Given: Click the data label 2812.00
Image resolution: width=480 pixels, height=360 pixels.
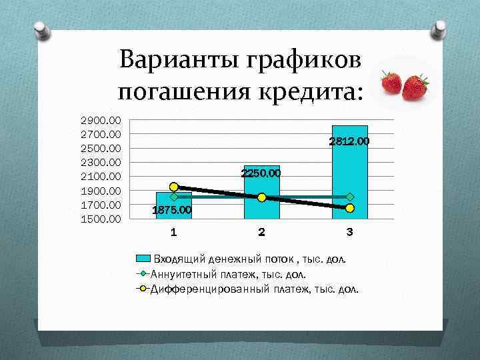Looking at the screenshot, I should tap(349, 142).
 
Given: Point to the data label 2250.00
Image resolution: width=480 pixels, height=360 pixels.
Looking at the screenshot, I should tap(260, 173).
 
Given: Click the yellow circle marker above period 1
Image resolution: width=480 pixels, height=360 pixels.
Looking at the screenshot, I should tap(174, 187).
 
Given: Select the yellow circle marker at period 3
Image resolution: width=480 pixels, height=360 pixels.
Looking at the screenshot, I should tap(350, 208).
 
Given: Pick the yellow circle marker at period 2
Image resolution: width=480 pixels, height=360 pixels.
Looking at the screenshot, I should tap(262, 197).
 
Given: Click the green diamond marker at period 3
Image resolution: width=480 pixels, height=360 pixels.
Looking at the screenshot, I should tap(350, 197).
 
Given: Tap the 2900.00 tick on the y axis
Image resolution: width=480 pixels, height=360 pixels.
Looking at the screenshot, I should tap(101, 121).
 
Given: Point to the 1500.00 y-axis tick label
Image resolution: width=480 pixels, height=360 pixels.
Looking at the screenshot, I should tap(101, 219).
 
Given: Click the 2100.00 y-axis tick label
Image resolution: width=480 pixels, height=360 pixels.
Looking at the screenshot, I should tap(101, 177).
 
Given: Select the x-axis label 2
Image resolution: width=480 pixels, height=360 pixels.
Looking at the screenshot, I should tap(261, 233).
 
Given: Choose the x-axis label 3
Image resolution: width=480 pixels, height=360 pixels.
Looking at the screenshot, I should tap(349, 233).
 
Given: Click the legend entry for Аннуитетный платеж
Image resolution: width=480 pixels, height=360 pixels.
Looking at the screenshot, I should tap(229, 273).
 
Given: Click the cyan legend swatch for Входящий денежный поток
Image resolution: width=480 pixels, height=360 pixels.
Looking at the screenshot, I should tap(144, 258).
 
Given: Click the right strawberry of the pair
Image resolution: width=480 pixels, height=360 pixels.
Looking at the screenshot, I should tap(415, 87).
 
